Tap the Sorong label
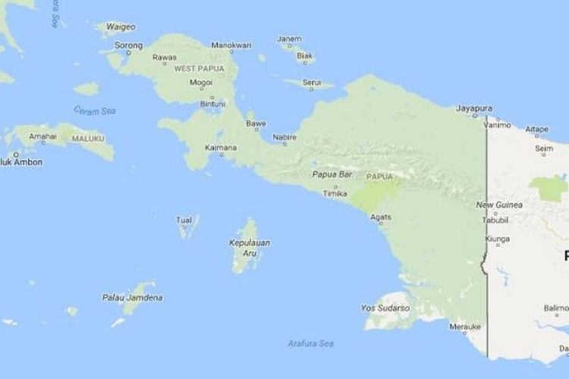[128, 45]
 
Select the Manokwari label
[231, 45]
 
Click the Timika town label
[335, 193]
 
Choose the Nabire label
[284, 136]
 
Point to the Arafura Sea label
[311, 344]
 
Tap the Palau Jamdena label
[132, 298]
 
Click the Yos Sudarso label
[385, 309]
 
